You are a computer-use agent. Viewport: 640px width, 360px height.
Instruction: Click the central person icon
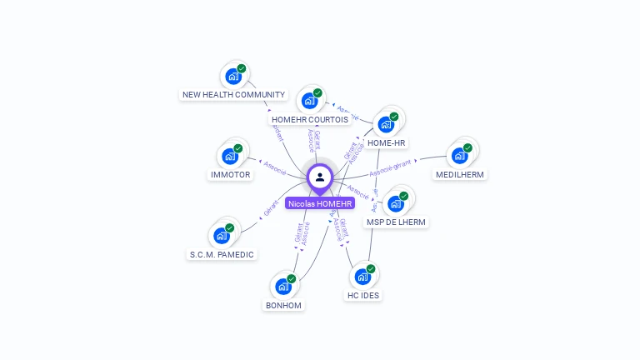320,177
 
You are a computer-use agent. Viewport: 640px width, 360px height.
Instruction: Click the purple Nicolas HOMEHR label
320,203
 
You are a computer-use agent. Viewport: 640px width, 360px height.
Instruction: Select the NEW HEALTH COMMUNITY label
234,95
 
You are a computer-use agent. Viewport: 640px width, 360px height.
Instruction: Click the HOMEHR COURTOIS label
310,120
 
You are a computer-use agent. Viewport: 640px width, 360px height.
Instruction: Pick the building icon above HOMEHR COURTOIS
309,101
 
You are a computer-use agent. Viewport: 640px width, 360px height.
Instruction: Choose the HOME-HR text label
387,143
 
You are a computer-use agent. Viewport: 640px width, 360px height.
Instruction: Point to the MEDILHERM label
460,175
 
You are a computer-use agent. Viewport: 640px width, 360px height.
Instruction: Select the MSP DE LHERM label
397,222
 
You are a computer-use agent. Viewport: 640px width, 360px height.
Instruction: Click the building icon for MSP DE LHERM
396,203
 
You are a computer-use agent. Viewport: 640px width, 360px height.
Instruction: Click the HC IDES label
363,296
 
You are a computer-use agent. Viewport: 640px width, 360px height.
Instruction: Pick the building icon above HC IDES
362,277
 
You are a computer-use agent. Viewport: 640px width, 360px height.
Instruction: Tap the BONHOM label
283,306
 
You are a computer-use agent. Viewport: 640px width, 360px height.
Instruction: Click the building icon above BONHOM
282,287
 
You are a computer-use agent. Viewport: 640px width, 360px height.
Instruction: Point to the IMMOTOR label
230,175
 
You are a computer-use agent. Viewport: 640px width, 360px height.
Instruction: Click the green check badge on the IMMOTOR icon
238,148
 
